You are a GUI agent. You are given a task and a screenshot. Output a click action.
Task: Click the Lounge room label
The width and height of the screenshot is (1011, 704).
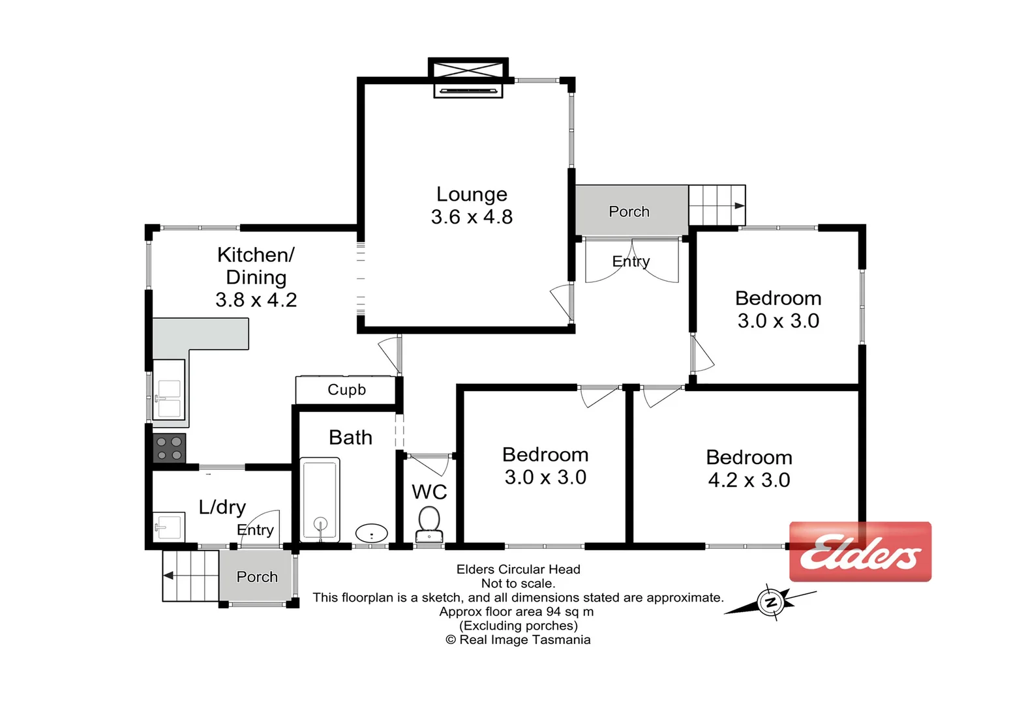pos(472,194)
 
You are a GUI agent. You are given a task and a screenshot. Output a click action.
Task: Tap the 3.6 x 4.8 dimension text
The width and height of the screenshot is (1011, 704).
pos(472,217)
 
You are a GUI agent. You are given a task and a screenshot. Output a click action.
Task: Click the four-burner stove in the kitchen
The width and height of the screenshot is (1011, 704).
pos(170,448)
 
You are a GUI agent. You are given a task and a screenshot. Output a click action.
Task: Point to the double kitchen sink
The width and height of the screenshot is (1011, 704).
pos(169,398)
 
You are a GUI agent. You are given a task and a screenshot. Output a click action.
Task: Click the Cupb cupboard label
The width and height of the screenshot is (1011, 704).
pos(346,390)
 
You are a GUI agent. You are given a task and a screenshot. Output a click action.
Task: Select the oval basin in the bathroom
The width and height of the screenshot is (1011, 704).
pos(372,534)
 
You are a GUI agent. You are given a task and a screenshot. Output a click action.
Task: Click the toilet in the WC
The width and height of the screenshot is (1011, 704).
pos(429,524)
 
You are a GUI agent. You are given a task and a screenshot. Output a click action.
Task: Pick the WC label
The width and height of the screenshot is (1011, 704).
pos(429,491)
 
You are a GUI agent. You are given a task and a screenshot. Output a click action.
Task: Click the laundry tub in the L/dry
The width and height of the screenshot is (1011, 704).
pos(168,525)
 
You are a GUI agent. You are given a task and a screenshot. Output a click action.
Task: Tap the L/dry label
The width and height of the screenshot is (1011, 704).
pos(222,507)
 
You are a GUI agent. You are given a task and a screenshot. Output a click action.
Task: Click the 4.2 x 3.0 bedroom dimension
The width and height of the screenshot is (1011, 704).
pos(749,480)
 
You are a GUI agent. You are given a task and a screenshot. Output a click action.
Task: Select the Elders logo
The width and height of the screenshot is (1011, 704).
pos(860,551)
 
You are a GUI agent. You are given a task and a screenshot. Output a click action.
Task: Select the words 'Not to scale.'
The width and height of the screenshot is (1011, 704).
pos(518,583)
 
